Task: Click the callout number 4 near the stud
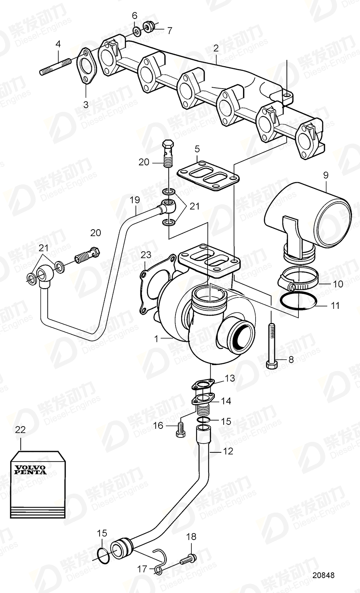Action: pyautogui.click(x=58, y=44)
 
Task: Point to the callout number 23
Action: pyautogui.click(x=146, y=255)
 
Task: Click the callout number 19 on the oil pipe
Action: pyautogui.click(x=135, y=200)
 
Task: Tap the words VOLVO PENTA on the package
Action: pyautogui.click(x=31, y=469)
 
